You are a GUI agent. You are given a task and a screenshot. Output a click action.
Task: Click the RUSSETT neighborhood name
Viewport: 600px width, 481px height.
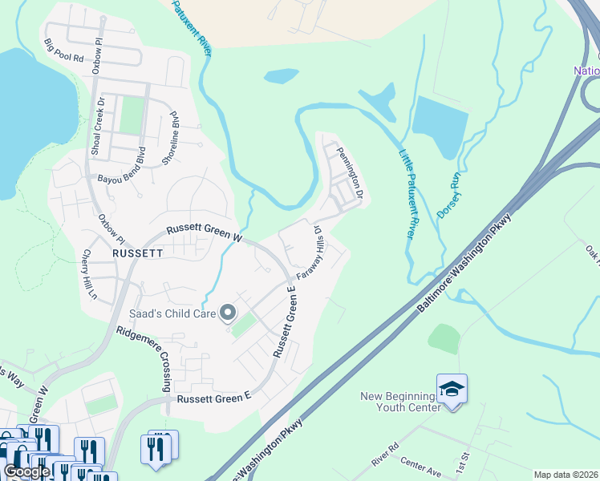[x=138, y=252]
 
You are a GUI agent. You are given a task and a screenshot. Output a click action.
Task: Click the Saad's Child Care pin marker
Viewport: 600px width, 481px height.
[x=228, y=313]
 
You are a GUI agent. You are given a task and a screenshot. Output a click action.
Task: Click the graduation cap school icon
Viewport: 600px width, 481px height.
[x=452, y=390]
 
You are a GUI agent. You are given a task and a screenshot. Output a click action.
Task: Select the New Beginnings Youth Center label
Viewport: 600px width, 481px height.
[x=401, y=402]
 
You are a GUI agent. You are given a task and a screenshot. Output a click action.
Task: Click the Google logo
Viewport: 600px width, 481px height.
[x=26, y=471]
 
